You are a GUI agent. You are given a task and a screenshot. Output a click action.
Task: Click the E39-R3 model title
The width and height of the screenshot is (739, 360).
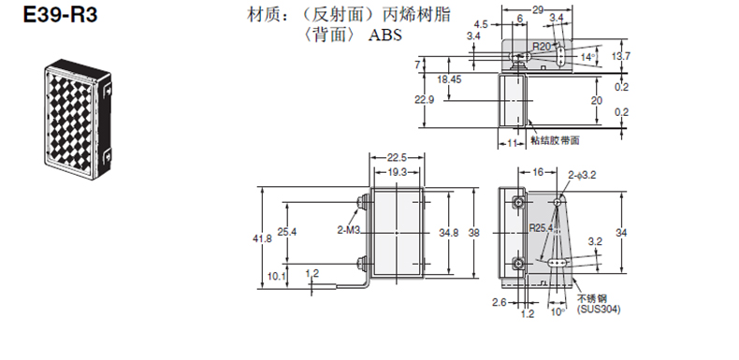tap(60, 15)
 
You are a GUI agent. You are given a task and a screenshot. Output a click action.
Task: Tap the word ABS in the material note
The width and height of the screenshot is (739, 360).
tap(385, 36)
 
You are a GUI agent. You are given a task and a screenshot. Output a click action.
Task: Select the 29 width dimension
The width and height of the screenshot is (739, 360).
tap(537, 9)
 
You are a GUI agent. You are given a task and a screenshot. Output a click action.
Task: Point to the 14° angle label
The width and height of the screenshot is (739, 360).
tap(587, 57)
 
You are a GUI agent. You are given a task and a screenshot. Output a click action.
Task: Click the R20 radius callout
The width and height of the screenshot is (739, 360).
tap(542, 46)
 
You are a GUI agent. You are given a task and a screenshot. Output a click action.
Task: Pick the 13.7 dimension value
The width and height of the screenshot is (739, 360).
tap(621, 56)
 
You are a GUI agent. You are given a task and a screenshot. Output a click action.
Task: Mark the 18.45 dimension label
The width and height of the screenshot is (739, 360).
tap(449, 79)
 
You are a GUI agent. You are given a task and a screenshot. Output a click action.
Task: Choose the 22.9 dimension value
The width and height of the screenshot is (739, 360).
tap(425, 100)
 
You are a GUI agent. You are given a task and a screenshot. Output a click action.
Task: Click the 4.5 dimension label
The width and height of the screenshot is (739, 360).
tap(481, 24)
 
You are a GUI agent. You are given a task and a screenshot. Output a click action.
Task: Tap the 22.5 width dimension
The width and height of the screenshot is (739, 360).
tap(397, 157)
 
